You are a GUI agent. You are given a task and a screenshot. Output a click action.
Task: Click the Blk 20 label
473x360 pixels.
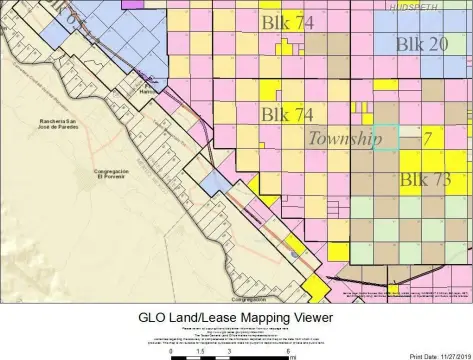pos(421,44)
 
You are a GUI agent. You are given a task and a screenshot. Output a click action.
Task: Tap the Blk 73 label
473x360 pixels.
pos(426,180)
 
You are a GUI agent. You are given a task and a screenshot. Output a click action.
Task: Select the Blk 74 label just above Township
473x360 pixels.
pos(287,115)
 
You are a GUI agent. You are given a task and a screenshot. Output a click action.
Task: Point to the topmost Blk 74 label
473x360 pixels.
pos(286,22)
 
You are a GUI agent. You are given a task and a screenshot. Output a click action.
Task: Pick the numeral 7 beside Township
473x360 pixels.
pos(427,138)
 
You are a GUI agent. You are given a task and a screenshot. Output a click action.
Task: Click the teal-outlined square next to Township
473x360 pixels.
pos(387,138)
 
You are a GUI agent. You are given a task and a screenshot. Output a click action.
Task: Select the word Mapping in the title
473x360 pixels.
pos(250,313)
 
